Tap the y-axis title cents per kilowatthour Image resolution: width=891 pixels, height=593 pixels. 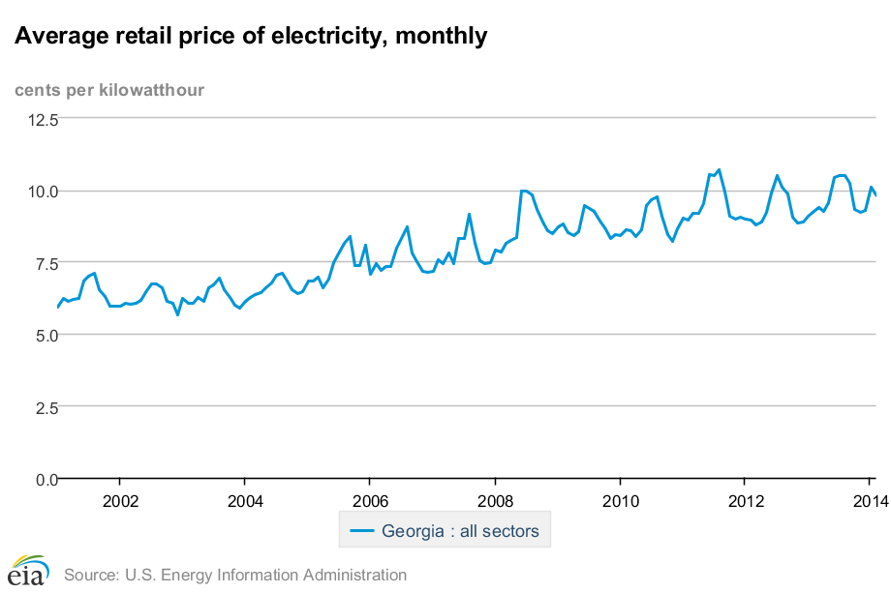pos(109,90)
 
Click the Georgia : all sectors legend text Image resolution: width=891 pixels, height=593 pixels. pos(460,531)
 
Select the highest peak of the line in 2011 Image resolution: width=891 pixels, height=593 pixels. pos(718,170)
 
